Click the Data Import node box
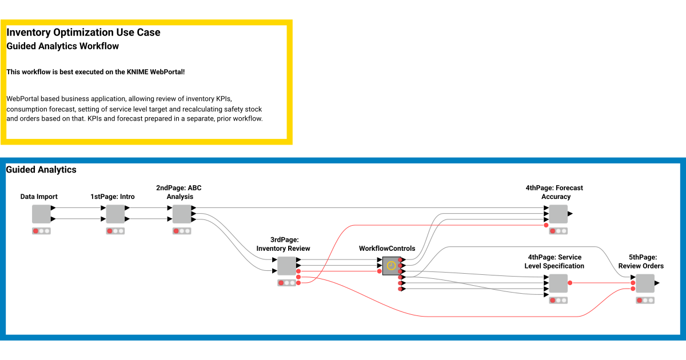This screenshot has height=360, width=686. [41, 214]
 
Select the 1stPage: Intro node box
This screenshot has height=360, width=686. [115, 214]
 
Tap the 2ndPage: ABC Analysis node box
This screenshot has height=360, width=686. [182, 214]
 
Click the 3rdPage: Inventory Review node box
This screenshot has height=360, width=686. [286, 266]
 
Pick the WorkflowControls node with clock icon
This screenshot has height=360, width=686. [392, 266]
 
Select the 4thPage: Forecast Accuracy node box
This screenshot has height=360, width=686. [558, 214]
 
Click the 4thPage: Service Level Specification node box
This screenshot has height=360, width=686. [558, 283]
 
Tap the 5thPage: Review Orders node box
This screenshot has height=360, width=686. [645, 283]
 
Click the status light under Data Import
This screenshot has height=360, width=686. [41, 231]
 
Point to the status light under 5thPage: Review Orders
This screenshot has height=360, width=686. [645, 300]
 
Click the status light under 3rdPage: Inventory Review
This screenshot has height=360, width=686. [286, 283]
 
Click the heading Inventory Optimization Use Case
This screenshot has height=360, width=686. [83, 33]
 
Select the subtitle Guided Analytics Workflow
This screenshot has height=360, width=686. [63, 46]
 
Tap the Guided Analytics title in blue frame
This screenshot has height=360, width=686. [41, 170]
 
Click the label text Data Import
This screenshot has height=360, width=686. [39, 197]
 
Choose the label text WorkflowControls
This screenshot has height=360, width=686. [387, 249]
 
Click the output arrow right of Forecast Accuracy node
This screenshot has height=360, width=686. [570, 214]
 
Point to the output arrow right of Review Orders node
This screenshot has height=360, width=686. [657, 283]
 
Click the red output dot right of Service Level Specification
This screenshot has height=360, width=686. [570, 283]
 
